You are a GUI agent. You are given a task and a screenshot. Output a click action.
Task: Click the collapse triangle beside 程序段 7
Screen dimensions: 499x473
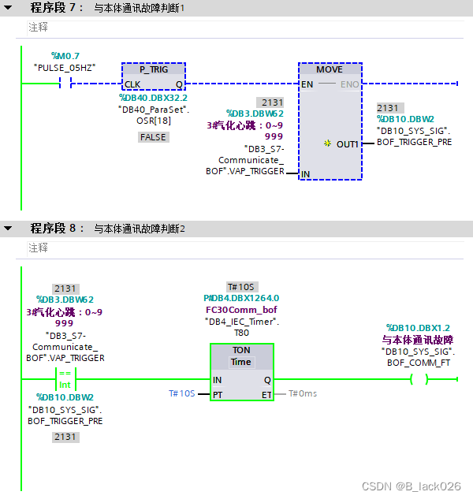(x=8, y=8)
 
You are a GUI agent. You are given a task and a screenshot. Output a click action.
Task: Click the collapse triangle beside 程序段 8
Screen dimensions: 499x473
(x=8, y=229)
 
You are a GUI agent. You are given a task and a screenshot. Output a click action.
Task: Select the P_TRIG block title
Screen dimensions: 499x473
(x=153, y=69)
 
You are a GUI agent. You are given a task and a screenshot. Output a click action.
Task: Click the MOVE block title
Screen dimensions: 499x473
(x=330, y=69)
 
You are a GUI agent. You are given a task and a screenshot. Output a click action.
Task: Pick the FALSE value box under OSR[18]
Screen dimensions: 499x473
(x=153, y=136)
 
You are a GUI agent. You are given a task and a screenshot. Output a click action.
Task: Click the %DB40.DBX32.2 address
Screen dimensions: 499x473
(x=153, y=98)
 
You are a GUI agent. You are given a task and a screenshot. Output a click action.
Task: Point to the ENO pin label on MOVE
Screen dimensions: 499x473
(x=349, y=84)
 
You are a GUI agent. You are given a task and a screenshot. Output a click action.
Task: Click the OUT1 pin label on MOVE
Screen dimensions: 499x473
(x=347, y=144)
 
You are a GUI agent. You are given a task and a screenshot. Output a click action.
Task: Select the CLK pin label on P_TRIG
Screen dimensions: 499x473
(x=132, y=84)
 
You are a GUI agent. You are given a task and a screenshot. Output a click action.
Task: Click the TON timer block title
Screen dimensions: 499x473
(x=241, y=349)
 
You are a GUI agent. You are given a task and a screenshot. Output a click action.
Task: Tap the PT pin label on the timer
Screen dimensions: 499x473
(x=218, y=393)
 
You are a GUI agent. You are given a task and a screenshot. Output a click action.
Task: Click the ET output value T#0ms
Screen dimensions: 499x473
(x=303, y=393)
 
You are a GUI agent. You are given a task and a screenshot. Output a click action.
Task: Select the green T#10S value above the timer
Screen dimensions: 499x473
(x=242, y=287)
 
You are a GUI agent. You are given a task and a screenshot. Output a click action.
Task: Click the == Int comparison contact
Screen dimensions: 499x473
(x=65, y=379)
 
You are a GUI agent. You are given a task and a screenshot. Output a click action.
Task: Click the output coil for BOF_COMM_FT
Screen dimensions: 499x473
(x=419, y=379)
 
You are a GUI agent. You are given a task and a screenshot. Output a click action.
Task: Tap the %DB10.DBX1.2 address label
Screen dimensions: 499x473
(x=418, y=327)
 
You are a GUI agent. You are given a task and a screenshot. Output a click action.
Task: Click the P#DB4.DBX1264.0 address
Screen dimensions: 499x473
(x=242, y=299)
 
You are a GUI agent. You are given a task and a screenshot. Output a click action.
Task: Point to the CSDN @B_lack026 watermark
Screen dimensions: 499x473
(x=411, y=486)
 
